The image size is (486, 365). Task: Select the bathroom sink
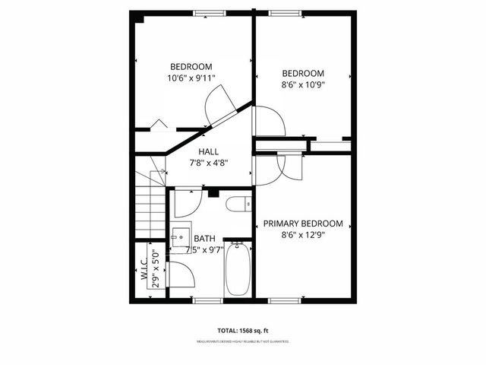point(181,237)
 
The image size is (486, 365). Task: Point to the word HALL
point(209,152)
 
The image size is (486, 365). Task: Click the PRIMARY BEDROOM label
point(303,224)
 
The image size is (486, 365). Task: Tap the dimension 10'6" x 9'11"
point(191,78)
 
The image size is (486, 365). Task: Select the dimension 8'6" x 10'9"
point(303,85)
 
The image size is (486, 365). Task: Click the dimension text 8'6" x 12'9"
point(303,236)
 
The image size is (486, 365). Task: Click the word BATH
point(204,238)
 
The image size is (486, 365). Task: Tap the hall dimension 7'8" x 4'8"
point(209,163)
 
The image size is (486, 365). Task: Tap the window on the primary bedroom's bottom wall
point(283,301)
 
